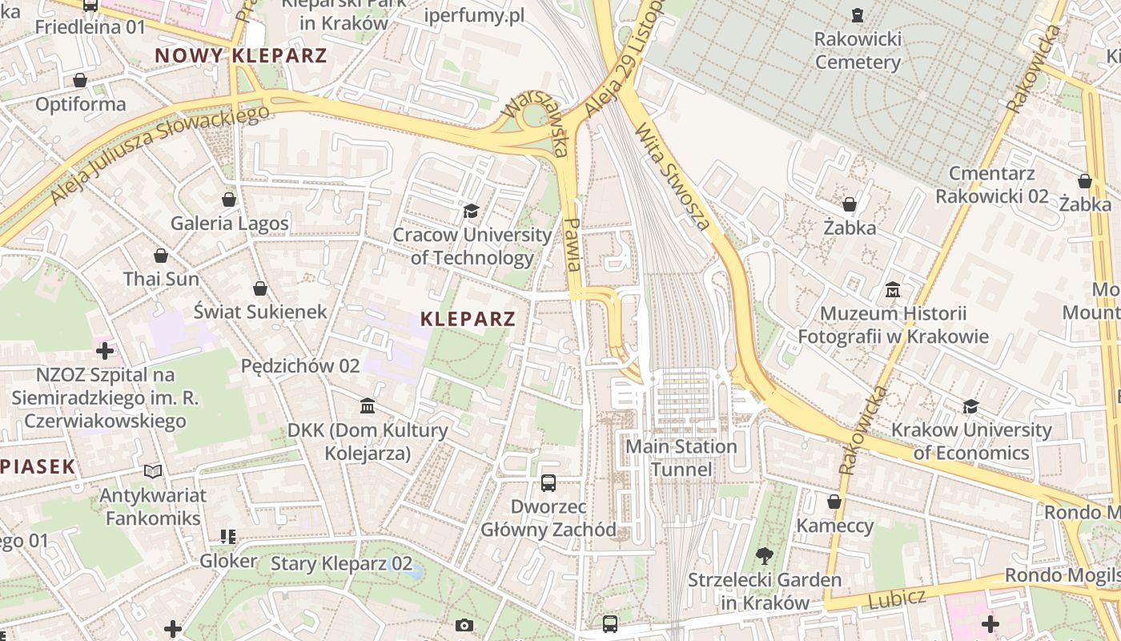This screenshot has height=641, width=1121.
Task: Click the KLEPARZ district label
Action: click(468, 319)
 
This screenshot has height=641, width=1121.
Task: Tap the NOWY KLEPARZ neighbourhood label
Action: click(241, 55)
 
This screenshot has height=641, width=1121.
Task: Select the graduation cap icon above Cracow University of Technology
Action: click(471, 211)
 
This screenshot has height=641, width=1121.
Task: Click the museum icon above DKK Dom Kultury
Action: click(368, 406)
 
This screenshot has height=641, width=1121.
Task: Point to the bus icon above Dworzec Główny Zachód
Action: click(548, 483)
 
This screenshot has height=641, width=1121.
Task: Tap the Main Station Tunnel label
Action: click(681, 458)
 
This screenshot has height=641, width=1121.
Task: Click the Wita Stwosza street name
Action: click(672, 176)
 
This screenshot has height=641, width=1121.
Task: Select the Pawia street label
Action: click(573, 244)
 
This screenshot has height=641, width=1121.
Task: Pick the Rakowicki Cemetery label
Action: click(858, 50)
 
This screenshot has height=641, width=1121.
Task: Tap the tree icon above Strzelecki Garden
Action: click(765, 555)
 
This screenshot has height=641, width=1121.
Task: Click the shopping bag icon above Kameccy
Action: click(834, 502)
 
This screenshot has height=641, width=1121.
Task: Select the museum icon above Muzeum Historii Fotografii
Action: click(893, 288)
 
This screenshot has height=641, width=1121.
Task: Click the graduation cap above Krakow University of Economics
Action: click(971, 406)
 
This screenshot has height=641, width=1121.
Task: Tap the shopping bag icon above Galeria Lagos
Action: click(229, 199)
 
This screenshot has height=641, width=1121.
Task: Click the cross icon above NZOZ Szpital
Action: click(105, 350)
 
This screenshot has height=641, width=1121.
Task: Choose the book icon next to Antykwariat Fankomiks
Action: click(153, 471)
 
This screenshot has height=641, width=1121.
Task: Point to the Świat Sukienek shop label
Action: click(260, 311)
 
